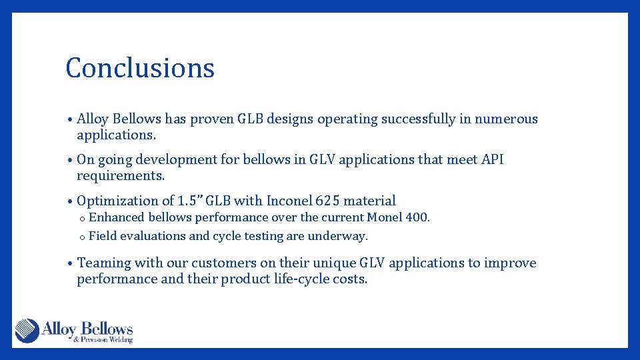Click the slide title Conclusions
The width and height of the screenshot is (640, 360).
(140, 68)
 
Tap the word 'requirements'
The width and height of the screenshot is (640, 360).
(120, 177)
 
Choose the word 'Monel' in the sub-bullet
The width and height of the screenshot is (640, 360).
(385, 217)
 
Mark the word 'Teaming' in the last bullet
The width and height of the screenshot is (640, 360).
(105, 263)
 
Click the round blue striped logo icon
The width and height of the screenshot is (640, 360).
(27, 331)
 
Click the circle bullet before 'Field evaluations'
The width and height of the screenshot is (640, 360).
(81, 237)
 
